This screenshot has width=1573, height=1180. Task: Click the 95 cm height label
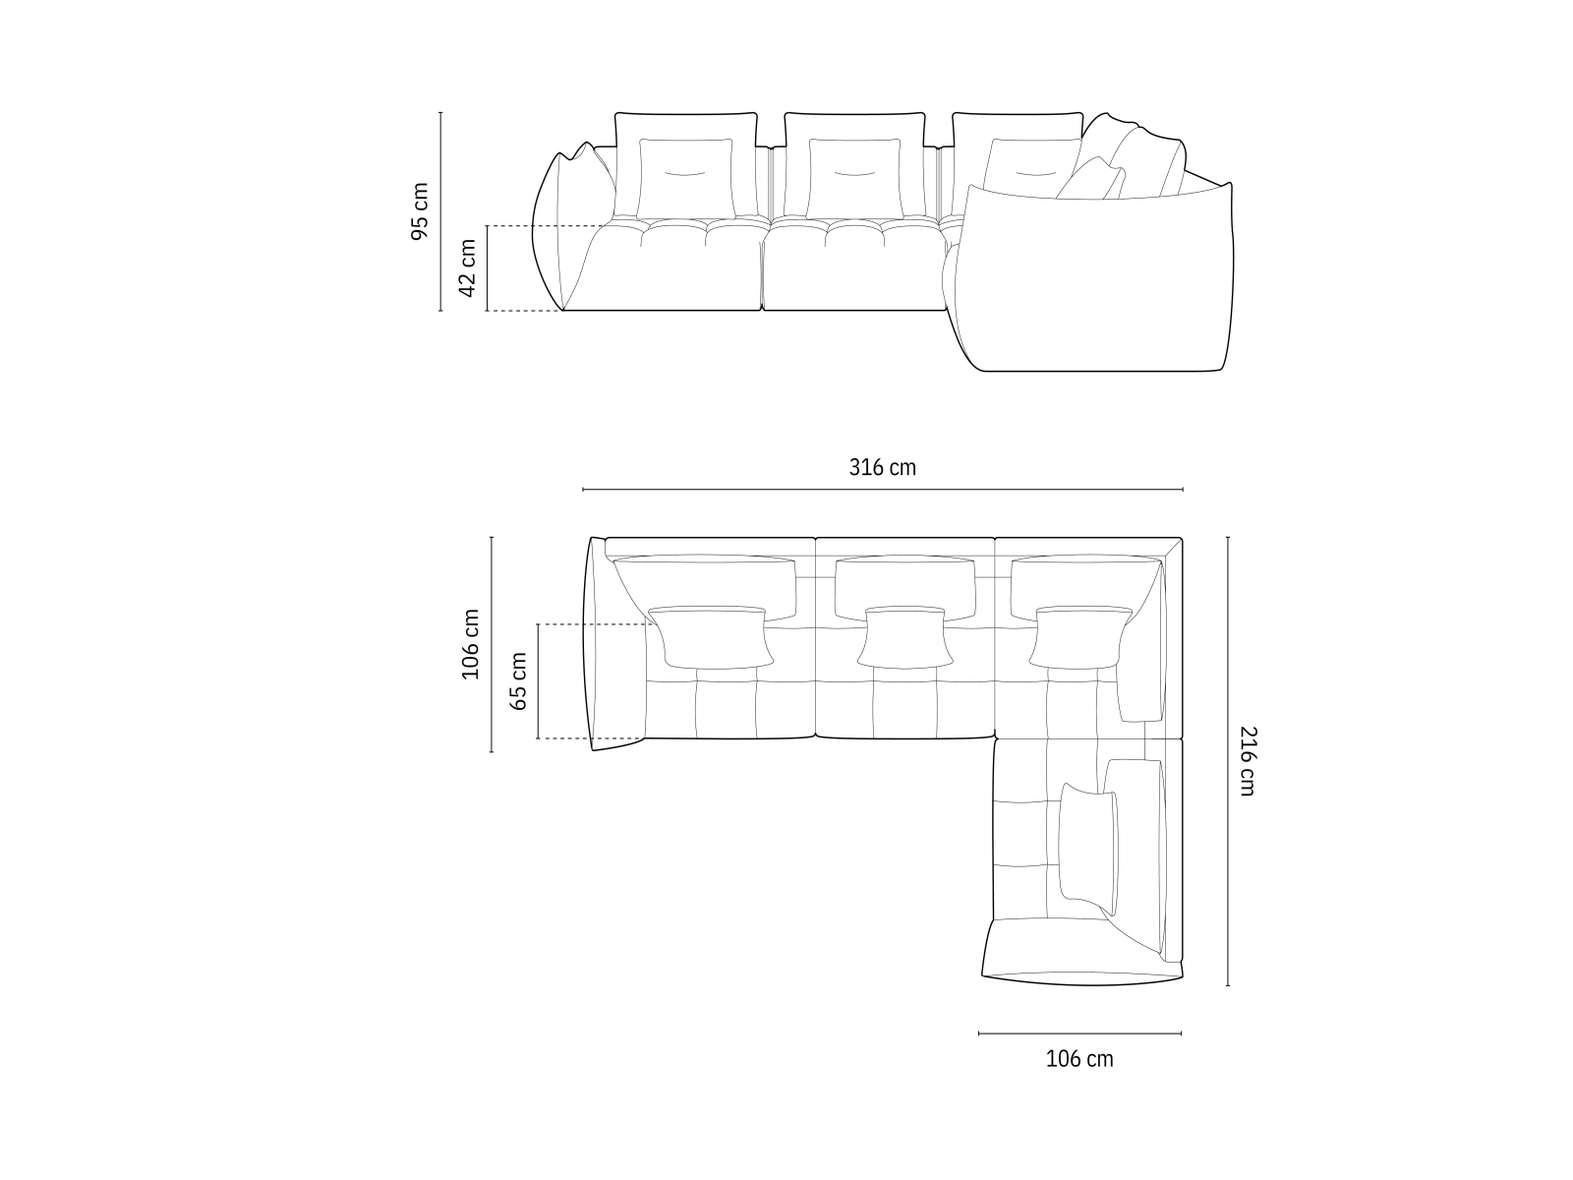pyautogui.click(x=419, y=211)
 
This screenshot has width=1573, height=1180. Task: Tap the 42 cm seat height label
pyautogui.click(x=467, y=267)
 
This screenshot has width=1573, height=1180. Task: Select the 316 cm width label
pyautogui.click(x=882, y=468)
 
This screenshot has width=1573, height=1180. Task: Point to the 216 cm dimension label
pyautogui.click(x=1248, y=761)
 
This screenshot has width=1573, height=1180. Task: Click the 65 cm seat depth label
pyautogui.click(x=518, y=681)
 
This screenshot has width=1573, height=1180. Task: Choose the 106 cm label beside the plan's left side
pyautogui.click(x=470, y=644)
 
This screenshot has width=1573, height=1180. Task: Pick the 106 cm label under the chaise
pyautogui.click(x=1079, y=1059)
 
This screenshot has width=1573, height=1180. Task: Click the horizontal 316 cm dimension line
pyautogui.click(x=882, y=490)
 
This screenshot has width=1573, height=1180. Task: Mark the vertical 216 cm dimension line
pyautogui.click(x=1228, y=761)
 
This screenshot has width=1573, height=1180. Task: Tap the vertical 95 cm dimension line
pyautogui.click(x=440, y=212)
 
